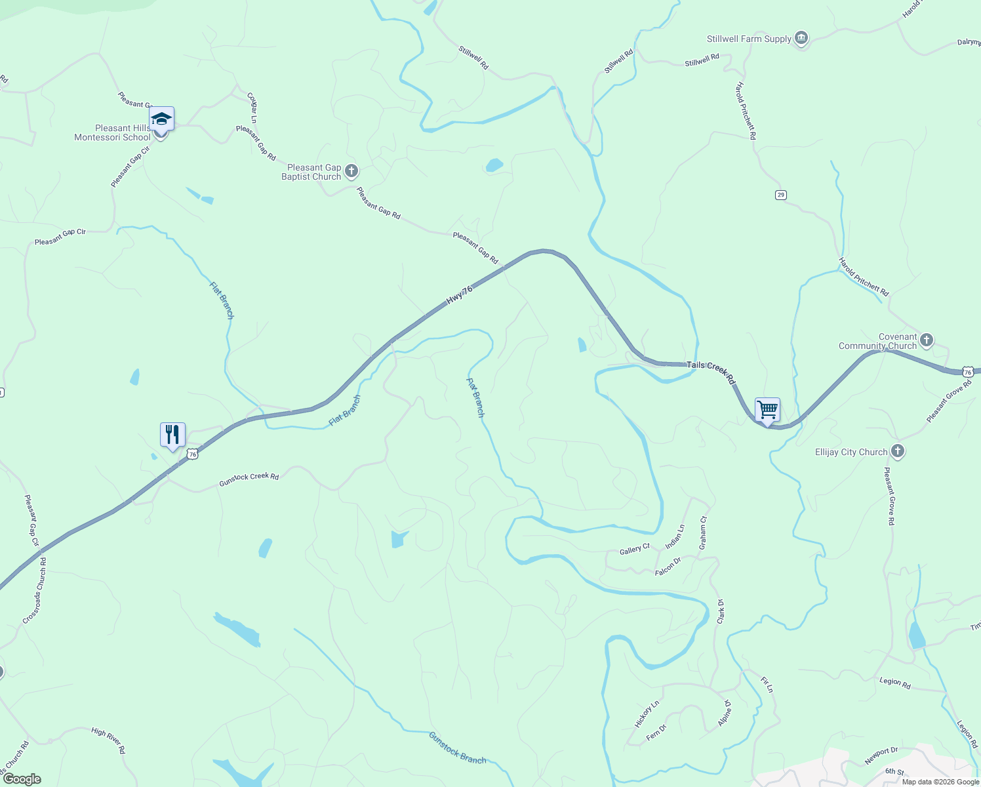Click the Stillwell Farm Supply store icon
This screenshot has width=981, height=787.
pos(801,39)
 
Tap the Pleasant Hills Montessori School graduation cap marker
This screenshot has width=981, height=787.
pos(161,119)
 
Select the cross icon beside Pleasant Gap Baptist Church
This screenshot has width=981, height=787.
pos(351,172)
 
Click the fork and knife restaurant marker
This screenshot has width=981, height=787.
pos(172,434)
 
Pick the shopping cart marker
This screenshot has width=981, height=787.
pos(767,410)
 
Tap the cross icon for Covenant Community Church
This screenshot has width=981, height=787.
pos(926,340)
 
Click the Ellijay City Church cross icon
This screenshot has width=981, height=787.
pos(898,451)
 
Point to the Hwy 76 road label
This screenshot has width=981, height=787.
pos(459,294)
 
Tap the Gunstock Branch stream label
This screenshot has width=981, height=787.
pos(457,748)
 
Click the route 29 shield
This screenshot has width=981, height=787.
pos(780,195)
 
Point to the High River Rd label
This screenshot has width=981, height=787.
pos(108,740)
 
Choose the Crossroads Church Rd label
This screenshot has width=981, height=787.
pos(35,591)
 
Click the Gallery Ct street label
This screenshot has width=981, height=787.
pos(634,550)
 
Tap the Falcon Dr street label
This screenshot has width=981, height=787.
pos(668,567)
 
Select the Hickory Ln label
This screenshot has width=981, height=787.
pos(647,714)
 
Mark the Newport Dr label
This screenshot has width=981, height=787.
pos(881,756)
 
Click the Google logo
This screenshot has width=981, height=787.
pos(22,779)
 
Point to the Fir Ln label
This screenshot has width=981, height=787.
pos(767,685)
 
